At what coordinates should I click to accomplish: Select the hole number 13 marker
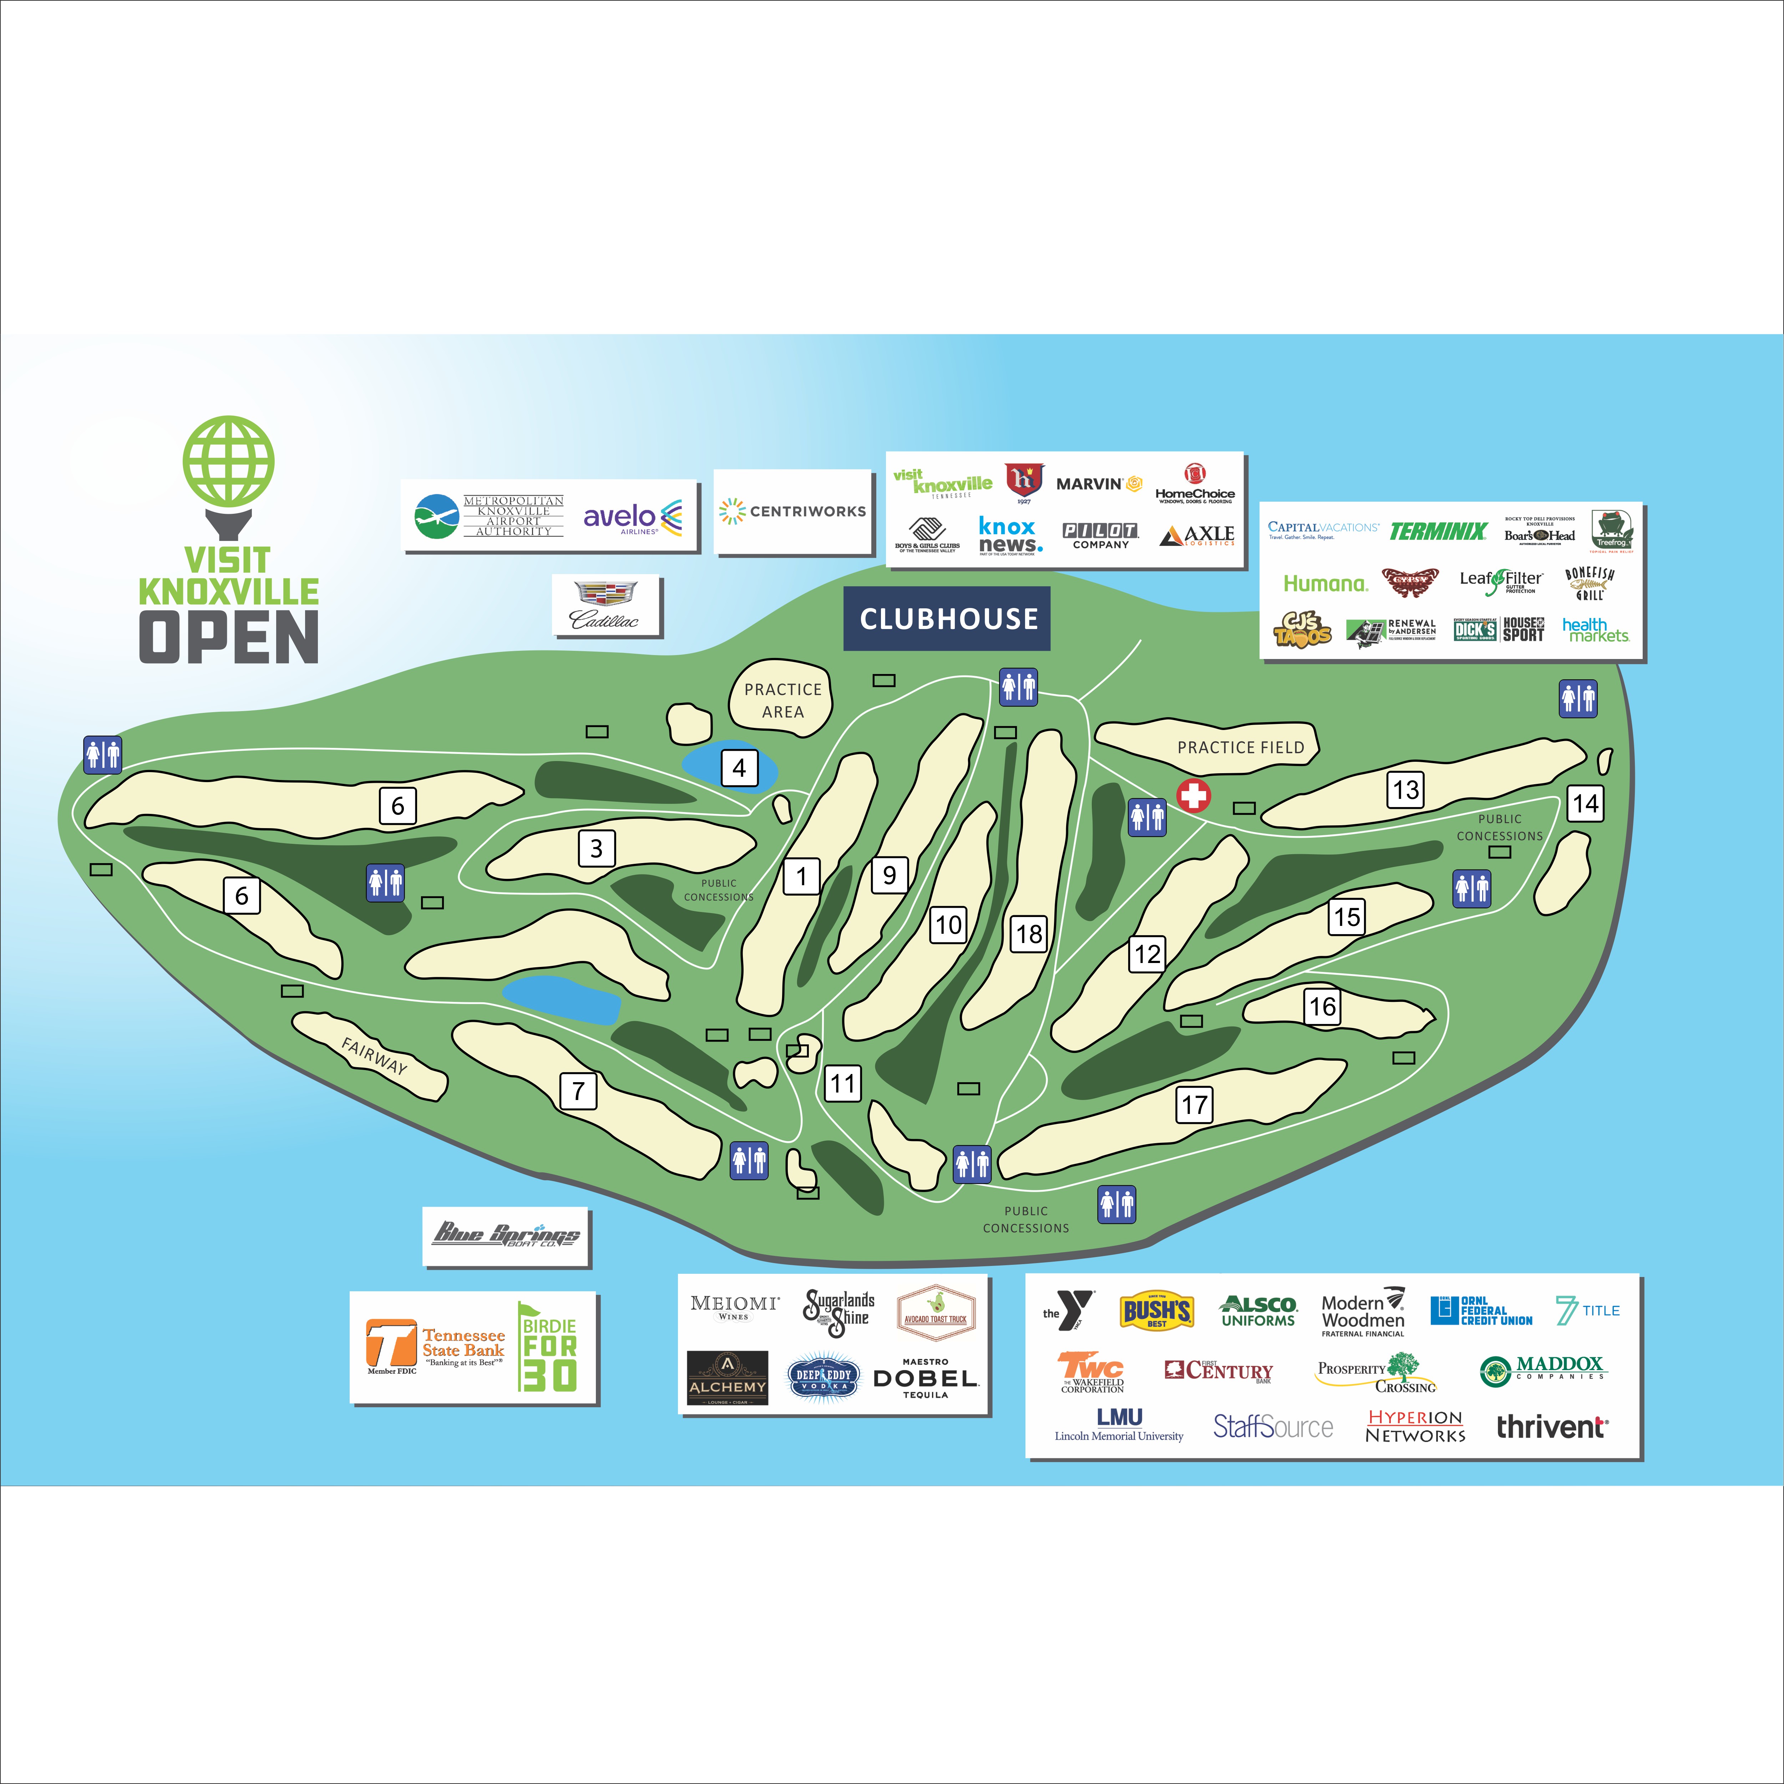coord(1404,790)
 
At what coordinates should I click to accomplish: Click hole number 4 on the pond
coord(739,767)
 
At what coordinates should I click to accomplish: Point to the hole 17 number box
coord(1194,1104)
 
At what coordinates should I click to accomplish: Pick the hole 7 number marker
coord(578,1090)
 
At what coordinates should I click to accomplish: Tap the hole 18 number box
coord(1029,933)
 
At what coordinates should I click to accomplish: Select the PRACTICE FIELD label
coord(1240,747)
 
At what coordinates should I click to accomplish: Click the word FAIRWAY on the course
coord(374,1055)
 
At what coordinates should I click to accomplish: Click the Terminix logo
coord(1438,531)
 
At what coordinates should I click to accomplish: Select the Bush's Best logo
coord(1156,1310)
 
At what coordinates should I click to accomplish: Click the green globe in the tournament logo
coord(228,462)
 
